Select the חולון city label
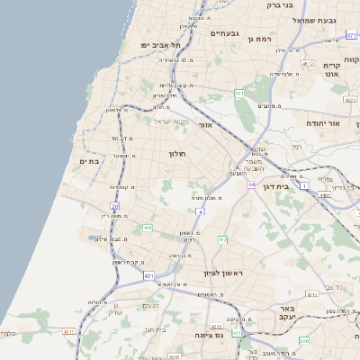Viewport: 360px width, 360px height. tap(176, 154)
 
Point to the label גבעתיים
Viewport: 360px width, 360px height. tap(224, 33)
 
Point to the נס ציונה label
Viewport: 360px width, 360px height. tap(208, 335)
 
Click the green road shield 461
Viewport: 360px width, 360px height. tap(239, 93)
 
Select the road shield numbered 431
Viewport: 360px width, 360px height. tap(148, 275)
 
